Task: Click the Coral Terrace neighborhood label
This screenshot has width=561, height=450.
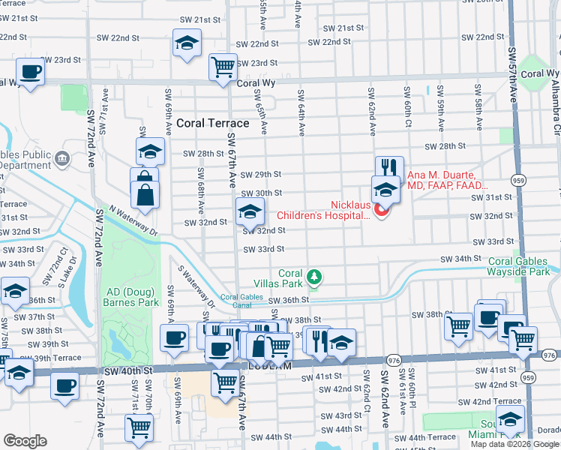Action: point(213,123)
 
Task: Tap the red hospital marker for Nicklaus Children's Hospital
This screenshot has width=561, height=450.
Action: point(381,211)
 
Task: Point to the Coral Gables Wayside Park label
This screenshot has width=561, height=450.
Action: point(523,266)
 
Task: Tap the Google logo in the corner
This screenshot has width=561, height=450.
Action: point(25,441)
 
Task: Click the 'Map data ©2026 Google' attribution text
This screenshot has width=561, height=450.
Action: point(514,444)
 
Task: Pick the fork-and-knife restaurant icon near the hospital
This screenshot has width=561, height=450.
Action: point(388,167)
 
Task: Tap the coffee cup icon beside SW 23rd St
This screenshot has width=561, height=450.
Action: point(30,72)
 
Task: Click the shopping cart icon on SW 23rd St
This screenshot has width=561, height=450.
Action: point(223,67)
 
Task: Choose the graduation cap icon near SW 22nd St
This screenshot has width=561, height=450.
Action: point(187,43)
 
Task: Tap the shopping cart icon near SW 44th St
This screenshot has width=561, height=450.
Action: point(139,427)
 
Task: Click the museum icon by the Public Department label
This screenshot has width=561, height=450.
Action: point(61,158)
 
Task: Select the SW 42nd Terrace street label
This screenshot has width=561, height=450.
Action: point(487,402)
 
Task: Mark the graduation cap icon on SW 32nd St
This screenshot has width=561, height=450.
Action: point(250,212)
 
